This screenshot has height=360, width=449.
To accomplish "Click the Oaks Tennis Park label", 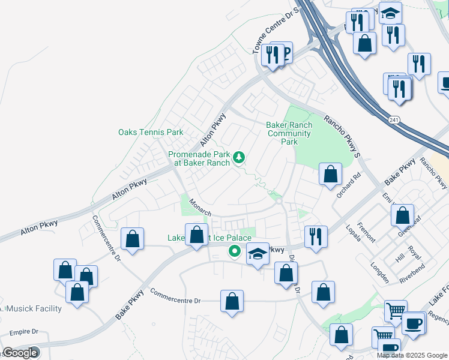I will (151, 132).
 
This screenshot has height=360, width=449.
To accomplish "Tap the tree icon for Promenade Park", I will (240, 157).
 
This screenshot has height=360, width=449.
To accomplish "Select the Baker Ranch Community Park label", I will (289, 133).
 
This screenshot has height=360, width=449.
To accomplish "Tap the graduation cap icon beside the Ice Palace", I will (258, 254).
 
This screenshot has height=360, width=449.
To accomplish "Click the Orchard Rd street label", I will (348, 185).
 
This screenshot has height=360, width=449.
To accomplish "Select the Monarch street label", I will (200, 208).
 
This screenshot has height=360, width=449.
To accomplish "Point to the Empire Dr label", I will (23, 331).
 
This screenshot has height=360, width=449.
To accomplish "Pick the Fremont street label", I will (366, 232).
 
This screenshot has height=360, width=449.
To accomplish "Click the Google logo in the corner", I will (19, 353).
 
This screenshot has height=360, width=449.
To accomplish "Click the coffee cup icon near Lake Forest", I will (414, 324).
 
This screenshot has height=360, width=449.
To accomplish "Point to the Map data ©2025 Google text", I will (412, 355).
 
